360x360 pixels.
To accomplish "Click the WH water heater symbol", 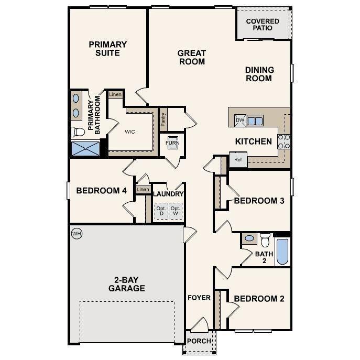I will tap(77, 233).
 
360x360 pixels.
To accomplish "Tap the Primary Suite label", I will tap(107, 49).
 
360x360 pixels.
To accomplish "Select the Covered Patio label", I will tap(263, 25).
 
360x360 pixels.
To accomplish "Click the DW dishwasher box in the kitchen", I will tap(240, 121).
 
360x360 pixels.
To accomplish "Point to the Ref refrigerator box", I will tap(238, 160).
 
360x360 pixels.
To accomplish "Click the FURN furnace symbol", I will tap(172, 143).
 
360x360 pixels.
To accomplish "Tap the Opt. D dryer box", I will tap(161, 212).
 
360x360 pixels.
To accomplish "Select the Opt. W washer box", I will tap(176, 212).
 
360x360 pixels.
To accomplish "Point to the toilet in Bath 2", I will tap(265, 239).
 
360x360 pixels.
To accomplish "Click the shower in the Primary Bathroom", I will tap(85, 148).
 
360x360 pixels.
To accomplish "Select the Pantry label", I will tap(163, 120).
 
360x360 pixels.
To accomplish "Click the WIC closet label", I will tap(130, 132).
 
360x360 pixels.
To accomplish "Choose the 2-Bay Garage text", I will tap(127, 284).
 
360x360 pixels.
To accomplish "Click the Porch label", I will tap(199, 341).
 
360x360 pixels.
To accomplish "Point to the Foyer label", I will tap(199, 298).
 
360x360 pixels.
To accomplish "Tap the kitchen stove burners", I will tap(283, 141).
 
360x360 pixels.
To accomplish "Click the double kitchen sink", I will tap(255, 121).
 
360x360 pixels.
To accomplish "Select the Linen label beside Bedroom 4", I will tap(143, 189).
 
